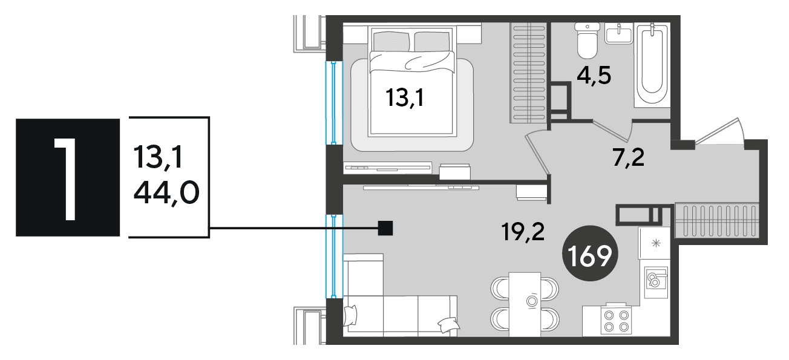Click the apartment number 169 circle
point(590,254)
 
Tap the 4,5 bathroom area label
point(594,76)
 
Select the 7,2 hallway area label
point(629,157)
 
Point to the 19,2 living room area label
point(523,232)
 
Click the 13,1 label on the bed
point(405,97)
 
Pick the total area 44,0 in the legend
point(166,194)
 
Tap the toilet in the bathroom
point(587,41)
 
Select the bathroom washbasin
point(619,33)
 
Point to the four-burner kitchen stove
point(617,321)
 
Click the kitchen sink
point(656,282)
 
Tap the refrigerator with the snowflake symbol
point(655,243)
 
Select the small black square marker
point(385,228)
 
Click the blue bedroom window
point(333,102)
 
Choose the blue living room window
point(333,256)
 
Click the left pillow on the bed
point(391,41)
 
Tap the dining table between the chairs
point(525,304)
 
